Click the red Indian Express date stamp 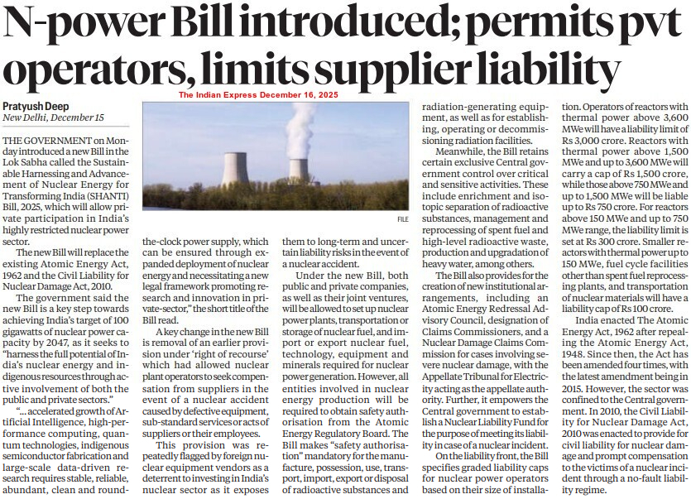point(259,95)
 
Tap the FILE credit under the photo point(403,219)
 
